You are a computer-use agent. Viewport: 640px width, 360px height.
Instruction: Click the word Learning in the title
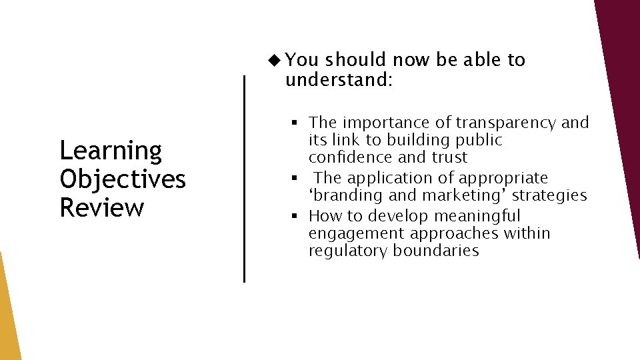coord(111,151)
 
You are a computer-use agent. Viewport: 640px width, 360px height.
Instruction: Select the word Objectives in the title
coord(123,179)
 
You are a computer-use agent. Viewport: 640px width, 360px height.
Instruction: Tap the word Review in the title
coord(101,207)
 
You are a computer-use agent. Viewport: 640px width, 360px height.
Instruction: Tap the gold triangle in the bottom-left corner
coord(8,320)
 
